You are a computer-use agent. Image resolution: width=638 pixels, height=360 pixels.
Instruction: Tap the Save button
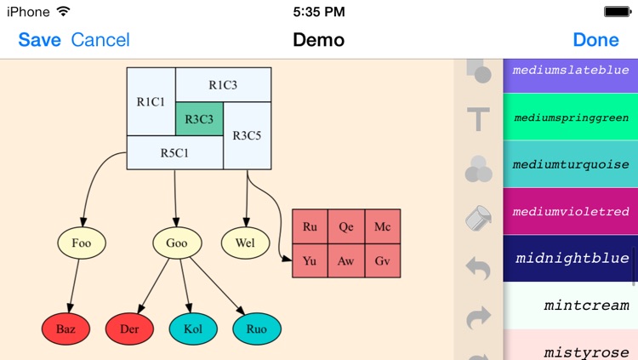[39, 40]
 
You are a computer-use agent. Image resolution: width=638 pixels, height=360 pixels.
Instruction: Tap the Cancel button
[100, 40]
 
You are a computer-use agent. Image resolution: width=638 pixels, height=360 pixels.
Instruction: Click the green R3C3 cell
[199, 119]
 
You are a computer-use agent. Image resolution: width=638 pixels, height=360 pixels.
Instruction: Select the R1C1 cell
[151, 101]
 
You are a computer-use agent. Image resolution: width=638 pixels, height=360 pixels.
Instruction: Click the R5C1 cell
[174, 153]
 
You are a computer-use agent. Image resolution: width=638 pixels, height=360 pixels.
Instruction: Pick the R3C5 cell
[247, 135]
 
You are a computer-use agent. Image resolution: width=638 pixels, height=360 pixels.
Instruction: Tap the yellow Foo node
[82, 243]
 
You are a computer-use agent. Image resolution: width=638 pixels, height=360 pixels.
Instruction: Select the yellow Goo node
[176, 243]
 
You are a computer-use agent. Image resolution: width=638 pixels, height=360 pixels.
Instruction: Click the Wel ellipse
[245, 243]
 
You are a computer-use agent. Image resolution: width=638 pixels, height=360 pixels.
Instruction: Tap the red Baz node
[66, 327]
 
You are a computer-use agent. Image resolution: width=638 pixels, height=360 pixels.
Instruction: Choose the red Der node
[129, 327]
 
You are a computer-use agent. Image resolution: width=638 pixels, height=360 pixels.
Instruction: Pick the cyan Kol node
[192, 327]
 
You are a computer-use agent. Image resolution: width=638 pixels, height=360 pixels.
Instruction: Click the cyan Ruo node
[256, 327]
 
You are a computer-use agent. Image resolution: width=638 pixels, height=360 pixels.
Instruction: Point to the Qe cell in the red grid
[346, 227]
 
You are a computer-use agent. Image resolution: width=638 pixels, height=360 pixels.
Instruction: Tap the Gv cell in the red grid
[382, 260]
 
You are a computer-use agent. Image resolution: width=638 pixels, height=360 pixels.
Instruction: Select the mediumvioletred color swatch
[571, 211]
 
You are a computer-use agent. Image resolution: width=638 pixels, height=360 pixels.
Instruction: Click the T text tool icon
[479, 119]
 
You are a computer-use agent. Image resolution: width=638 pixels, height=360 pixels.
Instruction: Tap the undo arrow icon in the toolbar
[479, 270]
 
